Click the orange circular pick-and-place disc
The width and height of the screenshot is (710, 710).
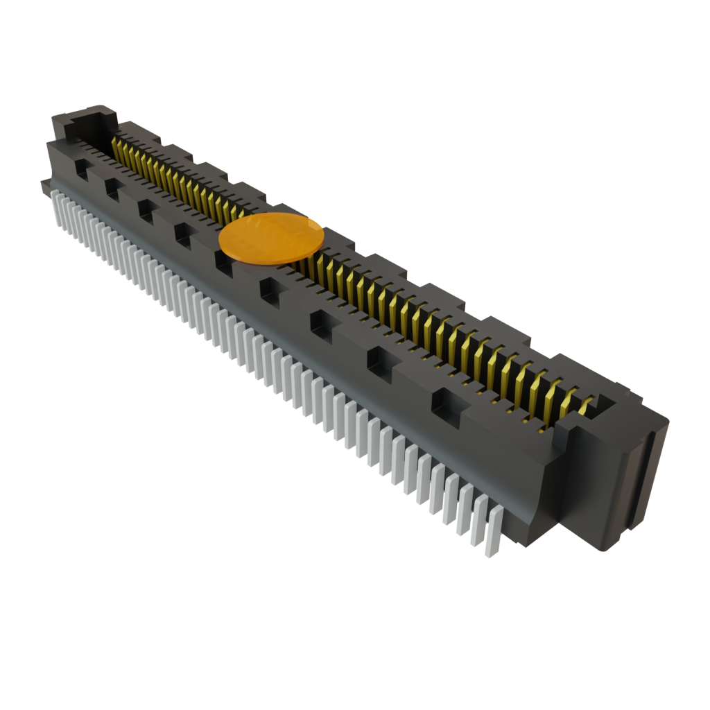(x=271, y=239)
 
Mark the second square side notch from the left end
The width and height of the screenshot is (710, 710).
(x=112, y=187)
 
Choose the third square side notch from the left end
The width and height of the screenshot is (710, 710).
(x=146, y=209)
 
